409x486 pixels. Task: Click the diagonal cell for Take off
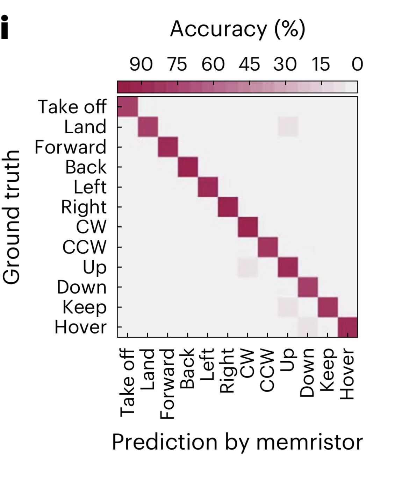coord(128,107)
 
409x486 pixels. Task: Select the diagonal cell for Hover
coord(347,327)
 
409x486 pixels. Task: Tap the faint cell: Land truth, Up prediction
coord(288,127)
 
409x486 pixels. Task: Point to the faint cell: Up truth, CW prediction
coord(247,267)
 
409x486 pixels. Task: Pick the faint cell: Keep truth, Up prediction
coord(288,307)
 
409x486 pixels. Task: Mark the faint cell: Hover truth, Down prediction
coord(308,327)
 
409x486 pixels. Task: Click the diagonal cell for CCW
coord(268,247)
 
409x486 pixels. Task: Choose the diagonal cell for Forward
coord(168,147)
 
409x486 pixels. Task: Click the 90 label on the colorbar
coord(141,65)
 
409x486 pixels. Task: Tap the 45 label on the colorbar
coord(249,65)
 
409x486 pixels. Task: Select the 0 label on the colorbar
coord(357,65)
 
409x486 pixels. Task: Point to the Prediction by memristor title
coord(237,442)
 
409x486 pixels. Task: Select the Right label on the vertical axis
coord(84,207)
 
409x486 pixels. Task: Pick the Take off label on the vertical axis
coord(72,107)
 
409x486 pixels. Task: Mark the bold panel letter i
coord(5,27)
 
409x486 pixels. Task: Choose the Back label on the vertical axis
coord(86,167)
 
